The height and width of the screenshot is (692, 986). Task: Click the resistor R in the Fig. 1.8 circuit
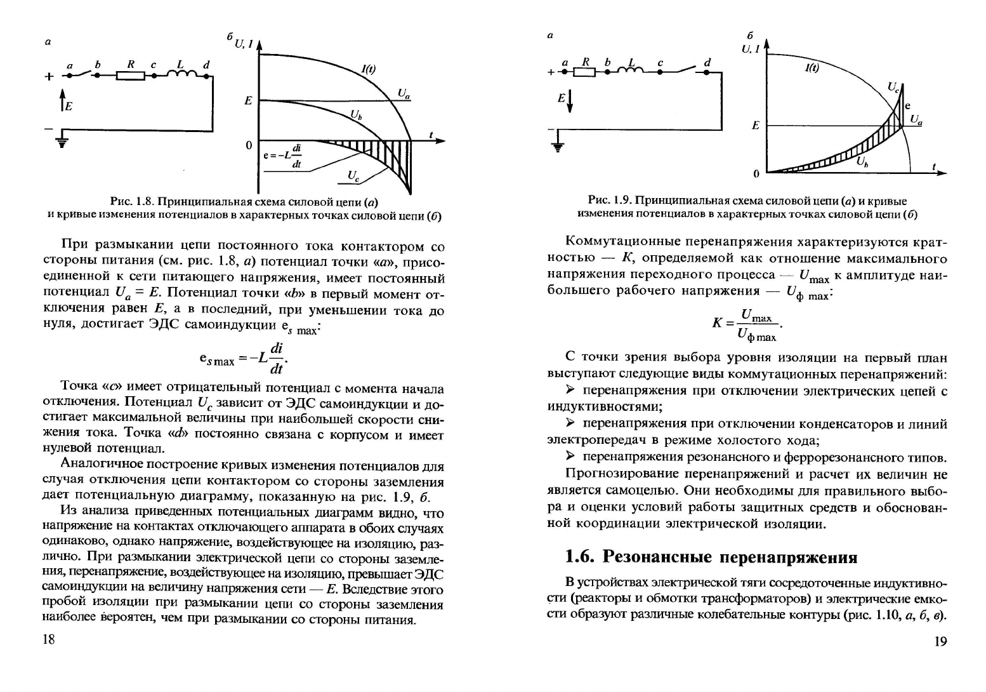tap(131, 76)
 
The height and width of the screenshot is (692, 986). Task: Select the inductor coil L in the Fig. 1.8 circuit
tap(181, 75)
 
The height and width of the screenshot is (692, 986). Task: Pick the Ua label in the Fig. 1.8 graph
tap(404, 94)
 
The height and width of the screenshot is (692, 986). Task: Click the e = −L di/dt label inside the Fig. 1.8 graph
tap(283, 156)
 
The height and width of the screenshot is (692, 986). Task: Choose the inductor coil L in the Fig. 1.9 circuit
tap(632, 71)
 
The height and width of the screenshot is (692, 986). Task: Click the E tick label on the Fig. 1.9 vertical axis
tap(755, 126)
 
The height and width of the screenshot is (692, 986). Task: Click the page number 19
tap(940, 641)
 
